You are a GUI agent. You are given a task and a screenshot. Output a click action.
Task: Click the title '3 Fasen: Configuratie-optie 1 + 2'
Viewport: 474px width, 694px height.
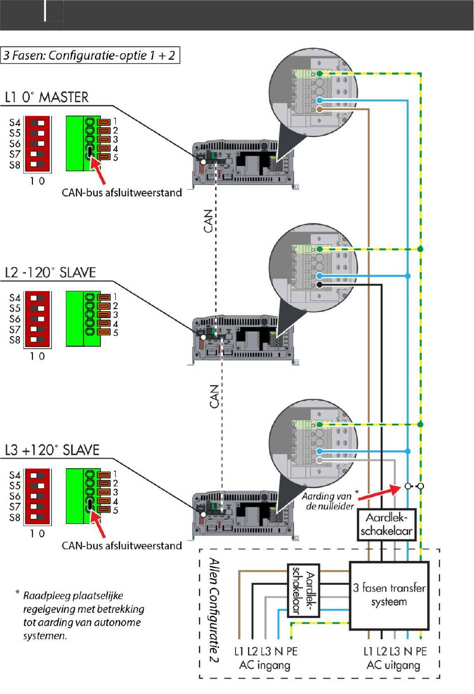coord(90,55)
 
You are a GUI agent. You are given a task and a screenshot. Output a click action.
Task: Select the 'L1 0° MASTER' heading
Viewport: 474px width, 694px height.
coord(47,97)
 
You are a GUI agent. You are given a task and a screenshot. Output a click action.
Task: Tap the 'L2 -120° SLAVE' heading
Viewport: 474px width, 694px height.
coord(50,273)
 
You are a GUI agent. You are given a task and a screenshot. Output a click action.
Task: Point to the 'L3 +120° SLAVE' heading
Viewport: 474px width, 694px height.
coord(52,450)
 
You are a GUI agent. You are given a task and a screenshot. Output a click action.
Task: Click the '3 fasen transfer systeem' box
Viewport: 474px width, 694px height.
coord(389,595)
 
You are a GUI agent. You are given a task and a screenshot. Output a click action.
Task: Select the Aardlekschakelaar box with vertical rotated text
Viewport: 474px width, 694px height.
coord(304,590)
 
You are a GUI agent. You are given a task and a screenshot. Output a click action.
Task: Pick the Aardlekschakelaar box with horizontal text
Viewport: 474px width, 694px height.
coord(387,525)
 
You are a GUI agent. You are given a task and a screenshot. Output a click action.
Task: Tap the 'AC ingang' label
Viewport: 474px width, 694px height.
coord(265,665)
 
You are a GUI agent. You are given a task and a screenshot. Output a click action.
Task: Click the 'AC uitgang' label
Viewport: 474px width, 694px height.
coord(393,665)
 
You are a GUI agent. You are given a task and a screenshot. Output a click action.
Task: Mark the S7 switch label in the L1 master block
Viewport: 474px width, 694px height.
coord(15,154)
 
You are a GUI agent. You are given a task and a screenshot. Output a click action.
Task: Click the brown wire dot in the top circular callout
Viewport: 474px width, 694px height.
coord(319,109)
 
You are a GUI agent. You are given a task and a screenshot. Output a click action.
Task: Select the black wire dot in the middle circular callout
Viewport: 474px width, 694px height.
coord(319,284)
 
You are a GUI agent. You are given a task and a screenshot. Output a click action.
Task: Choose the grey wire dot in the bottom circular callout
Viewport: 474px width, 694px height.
coord(319,460)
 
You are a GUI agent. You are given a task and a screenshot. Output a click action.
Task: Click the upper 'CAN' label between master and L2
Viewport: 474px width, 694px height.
coord(209,221)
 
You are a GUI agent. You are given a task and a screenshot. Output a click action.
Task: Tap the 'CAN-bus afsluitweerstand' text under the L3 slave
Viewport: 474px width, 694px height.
coord(122,545)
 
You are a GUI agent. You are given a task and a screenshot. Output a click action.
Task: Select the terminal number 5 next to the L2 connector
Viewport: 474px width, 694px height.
coord(115,333)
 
